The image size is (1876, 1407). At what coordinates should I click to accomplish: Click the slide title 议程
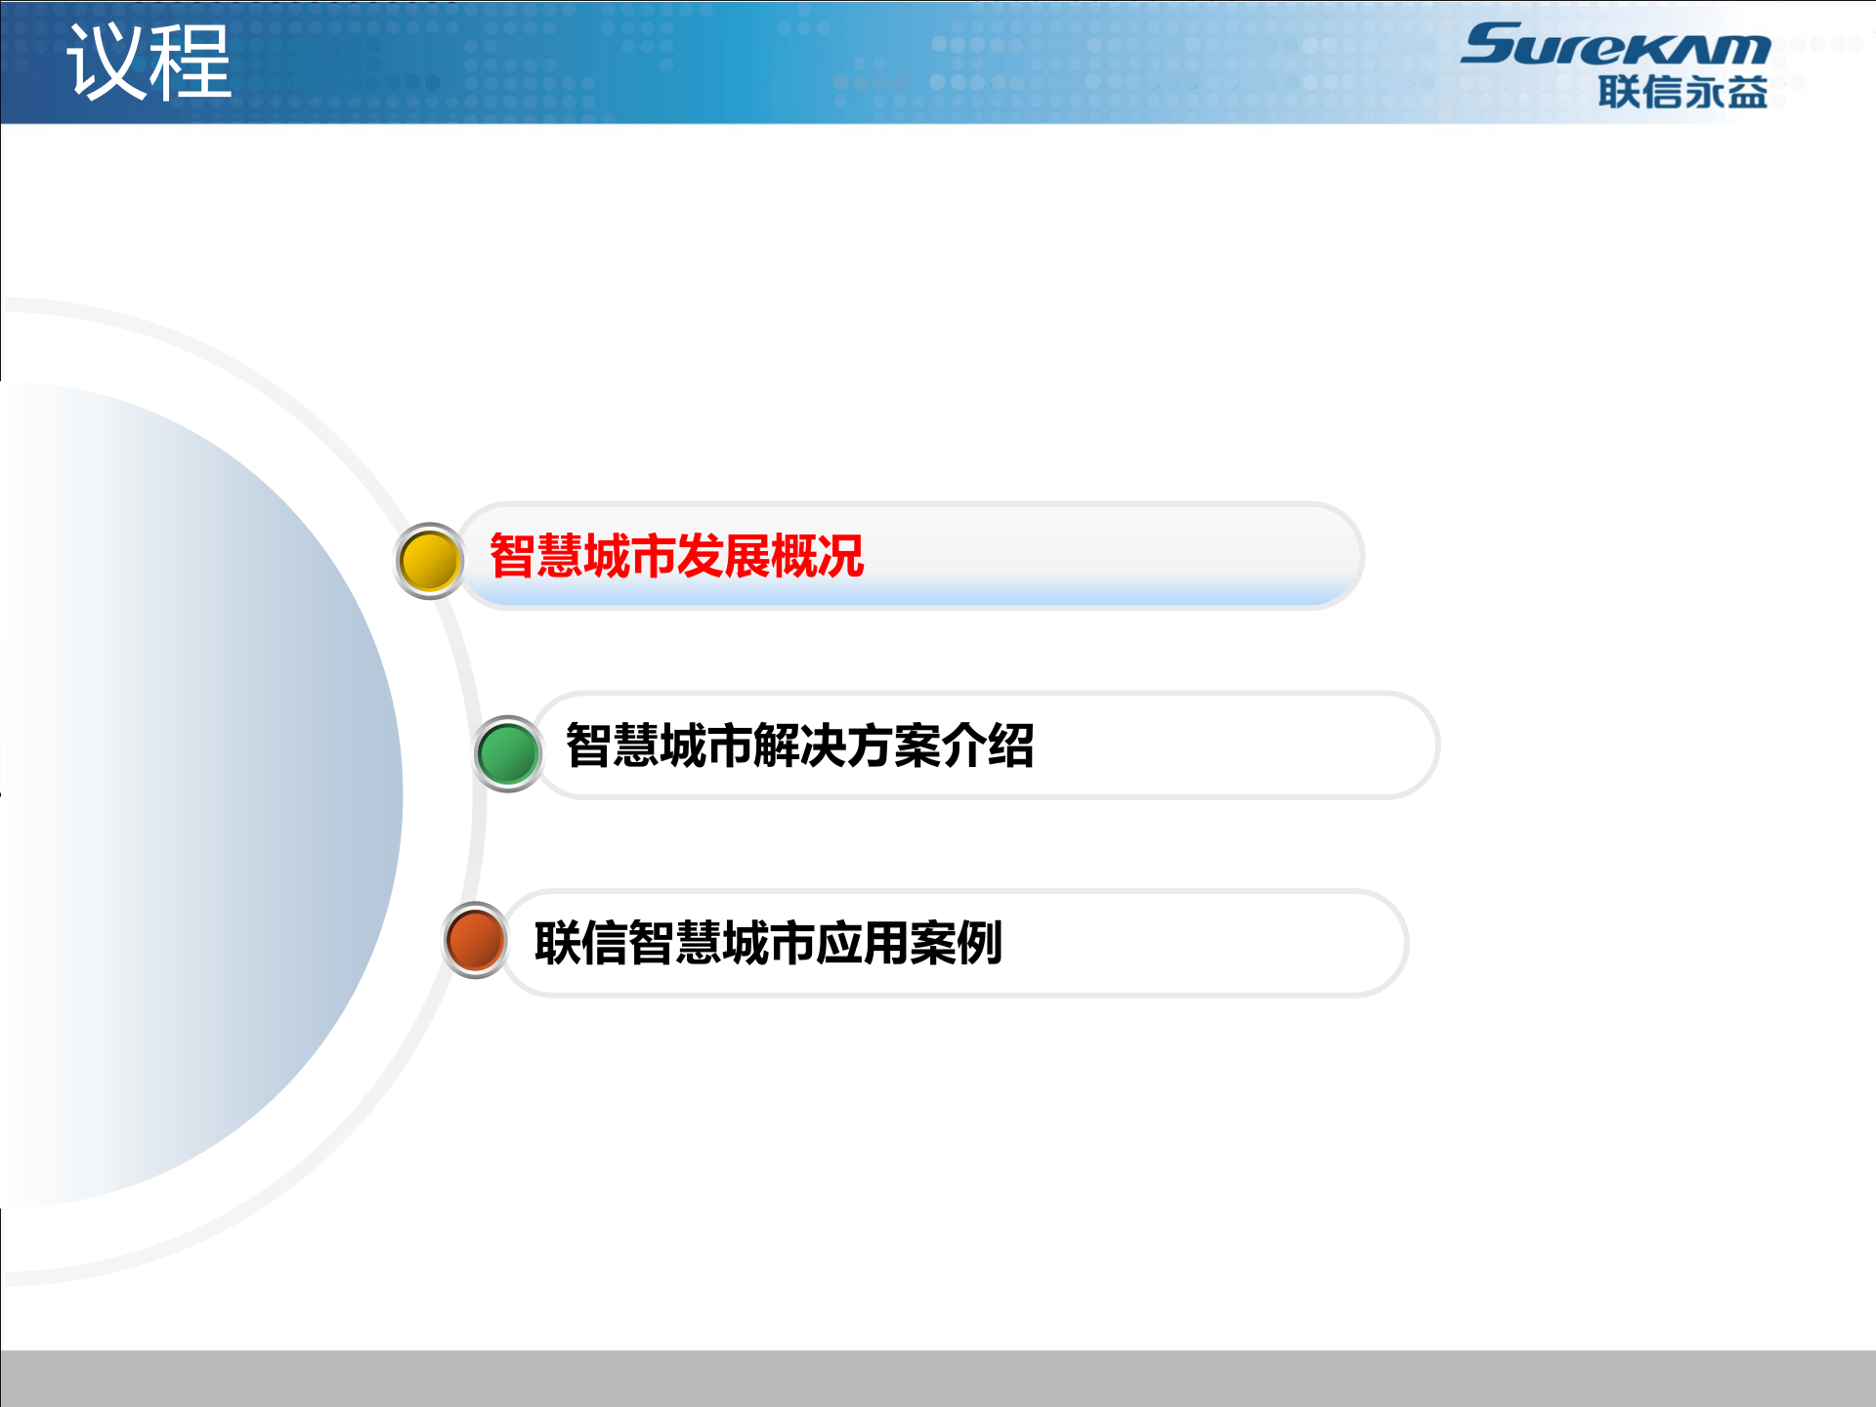pos(149,63)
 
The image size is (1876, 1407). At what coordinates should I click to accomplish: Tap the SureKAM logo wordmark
pos(1615,45)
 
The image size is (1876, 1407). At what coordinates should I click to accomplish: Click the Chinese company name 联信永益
pos(1683,93)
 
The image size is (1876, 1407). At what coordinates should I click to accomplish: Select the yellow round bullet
pos(429,561)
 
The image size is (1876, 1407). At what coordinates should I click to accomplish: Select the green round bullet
pos(507,753)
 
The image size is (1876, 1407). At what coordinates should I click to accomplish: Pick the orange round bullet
pos(475,940)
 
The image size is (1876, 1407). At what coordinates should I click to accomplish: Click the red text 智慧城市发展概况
pos(676,556)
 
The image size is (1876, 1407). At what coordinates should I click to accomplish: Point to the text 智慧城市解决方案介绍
pos(799,746)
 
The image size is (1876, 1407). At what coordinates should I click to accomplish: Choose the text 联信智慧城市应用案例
pos(768,943)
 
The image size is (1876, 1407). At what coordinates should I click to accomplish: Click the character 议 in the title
pos(106,63)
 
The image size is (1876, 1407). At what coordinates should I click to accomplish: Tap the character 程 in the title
pos(192,63)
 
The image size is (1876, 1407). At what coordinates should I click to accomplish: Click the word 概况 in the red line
pos(817,556)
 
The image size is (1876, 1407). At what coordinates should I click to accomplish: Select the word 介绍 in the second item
pos(987,746)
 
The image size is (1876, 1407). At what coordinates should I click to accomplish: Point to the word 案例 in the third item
pos(956,943)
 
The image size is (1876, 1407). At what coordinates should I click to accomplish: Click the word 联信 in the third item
pos(580,943)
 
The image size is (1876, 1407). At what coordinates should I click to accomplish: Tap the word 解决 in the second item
pos(799,746)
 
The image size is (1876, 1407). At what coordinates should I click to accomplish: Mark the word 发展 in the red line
pos(723,556)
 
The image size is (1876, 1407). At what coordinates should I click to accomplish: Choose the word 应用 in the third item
pos(862,943)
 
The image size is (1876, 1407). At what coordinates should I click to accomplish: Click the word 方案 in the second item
pos(893,746)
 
